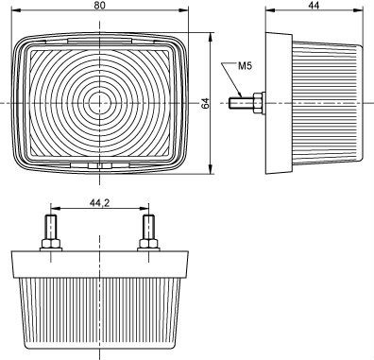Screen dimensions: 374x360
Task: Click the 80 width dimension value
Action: [100, 5]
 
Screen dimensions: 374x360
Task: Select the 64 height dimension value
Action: [205, 103]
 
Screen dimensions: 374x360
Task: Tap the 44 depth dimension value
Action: [314, 5]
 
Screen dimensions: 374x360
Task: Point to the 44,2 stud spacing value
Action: [99, 203]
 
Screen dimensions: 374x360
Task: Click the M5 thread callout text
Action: [245, 66]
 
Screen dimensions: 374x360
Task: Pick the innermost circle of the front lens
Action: [100, 103]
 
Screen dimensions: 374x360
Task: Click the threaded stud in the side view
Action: [242, 103]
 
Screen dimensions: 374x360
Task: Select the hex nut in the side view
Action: [259, 103]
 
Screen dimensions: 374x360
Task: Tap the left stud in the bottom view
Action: [51, 227]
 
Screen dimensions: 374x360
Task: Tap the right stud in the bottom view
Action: [148, 227]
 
